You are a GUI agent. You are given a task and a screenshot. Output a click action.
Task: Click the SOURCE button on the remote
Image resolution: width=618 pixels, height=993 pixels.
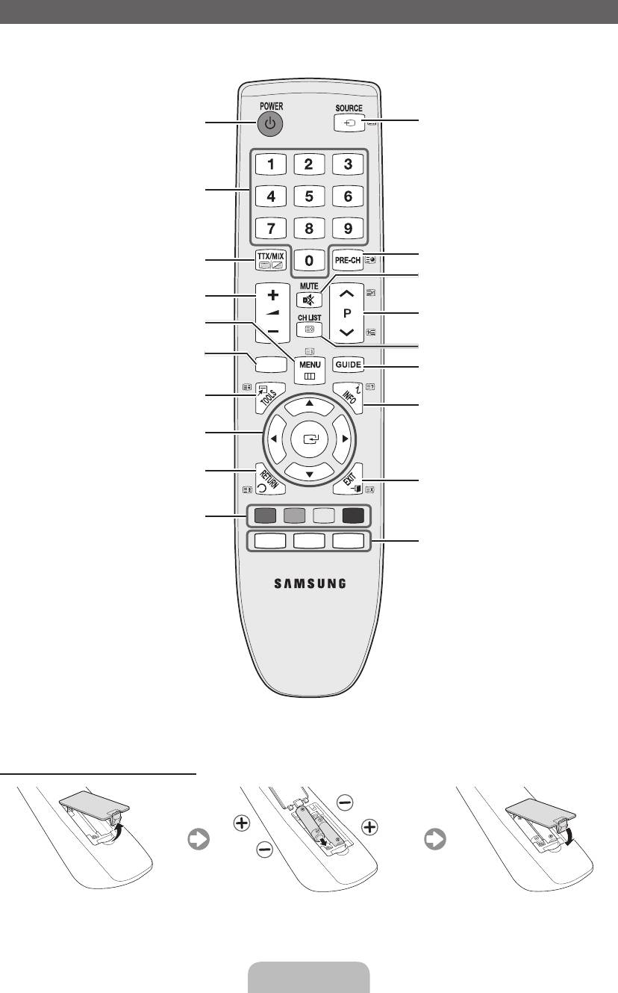[349, 124]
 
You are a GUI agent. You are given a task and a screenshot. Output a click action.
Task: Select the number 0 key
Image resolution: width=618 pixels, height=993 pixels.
[309, 260]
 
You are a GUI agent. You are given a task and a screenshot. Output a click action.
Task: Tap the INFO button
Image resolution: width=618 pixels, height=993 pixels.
[348, 397]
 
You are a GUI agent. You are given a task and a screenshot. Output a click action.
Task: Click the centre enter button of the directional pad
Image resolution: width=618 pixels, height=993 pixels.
[309, 439]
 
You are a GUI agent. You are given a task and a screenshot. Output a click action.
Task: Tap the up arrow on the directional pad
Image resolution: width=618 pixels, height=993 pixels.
[309, 403]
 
